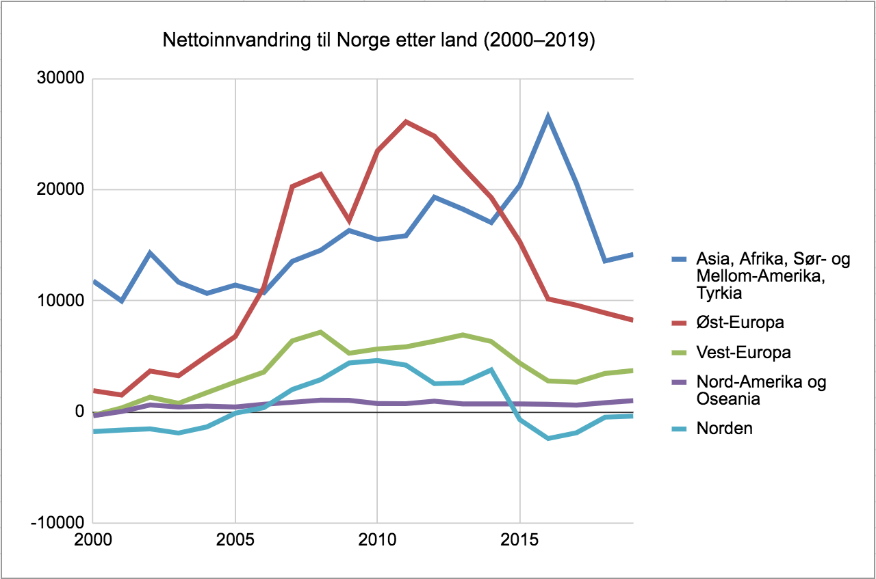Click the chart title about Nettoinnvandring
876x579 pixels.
pyautogui.click(x=379, y=41)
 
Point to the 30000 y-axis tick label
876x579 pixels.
pyautogui.click(x=60, y=79)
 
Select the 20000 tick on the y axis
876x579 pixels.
pyautogui.click(x=60, y=190)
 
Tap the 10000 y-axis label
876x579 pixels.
pyautogui.click(x=60, y=301)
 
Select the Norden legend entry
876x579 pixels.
pyautogui.click(x=724, y=429)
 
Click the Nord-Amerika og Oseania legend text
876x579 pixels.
pyautogui.click(x=761, y=390)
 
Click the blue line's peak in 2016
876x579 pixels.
pyautogui.click(x=548, y=118)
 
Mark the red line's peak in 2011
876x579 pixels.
pyautogui.click(x=406, y=122)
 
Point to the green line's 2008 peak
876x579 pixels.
pyautogui.click(x=320, y=332)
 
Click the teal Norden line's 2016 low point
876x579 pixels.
pyautogui.click(x=548, y=438)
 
